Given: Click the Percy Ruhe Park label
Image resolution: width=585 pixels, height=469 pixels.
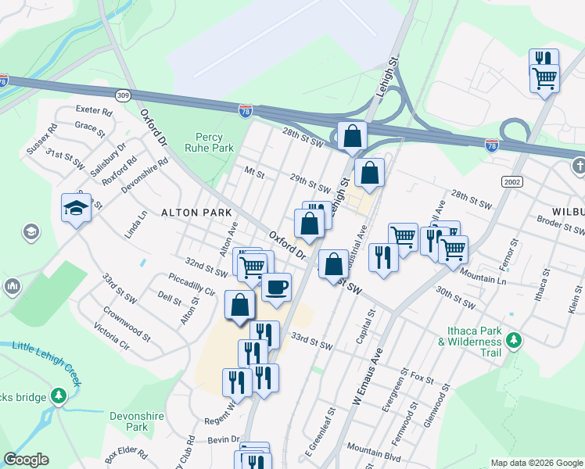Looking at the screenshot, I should coord(209,141).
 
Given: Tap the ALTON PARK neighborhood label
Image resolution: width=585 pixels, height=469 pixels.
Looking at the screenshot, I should coord(196,212).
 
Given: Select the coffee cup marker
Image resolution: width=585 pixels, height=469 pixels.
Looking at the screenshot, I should coord(276,288).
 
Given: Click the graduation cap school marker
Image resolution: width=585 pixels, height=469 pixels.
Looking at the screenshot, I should coord(77,208).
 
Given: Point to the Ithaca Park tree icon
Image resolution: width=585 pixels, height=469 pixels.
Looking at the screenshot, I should coord(514,339).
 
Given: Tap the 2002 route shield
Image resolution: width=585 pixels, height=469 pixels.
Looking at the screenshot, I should coord(511,181).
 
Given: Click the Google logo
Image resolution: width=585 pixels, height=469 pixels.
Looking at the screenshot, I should coord(26,460).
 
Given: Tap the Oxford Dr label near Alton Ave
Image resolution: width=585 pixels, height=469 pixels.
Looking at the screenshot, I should coord(286,245).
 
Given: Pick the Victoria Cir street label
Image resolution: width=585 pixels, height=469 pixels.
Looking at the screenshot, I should coord(111,336).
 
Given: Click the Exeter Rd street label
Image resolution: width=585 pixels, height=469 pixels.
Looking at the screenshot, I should coord(94,112).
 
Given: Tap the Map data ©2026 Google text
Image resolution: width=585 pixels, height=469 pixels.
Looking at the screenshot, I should coord(537,463).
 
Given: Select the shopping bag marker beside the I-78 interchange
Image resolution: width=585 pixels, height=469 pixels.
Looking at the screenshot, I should coord(353,135).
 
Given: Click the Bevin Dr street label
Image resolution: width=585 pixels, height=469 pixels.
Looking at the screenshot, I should coord(224,441).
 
